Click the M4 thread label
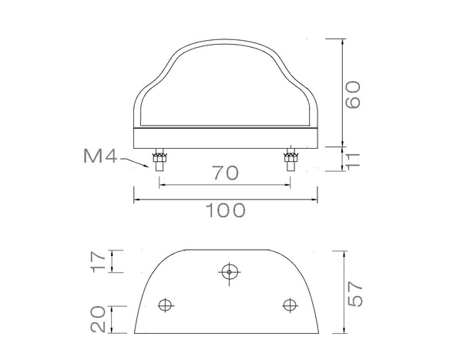pyautogui.click(x=99, y=158)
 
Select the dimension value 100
pyautogui.click(x=226, y=210)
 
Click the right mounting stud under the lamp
pyautogui.click(x=291, y=161)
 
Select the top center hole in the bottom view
pyautogui.click(x=228, y=271)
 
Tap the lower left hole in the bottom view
pyautogui.click(x=164, y=304)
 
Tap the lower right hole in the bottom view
pyautogui.click(x=290, y=304)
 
